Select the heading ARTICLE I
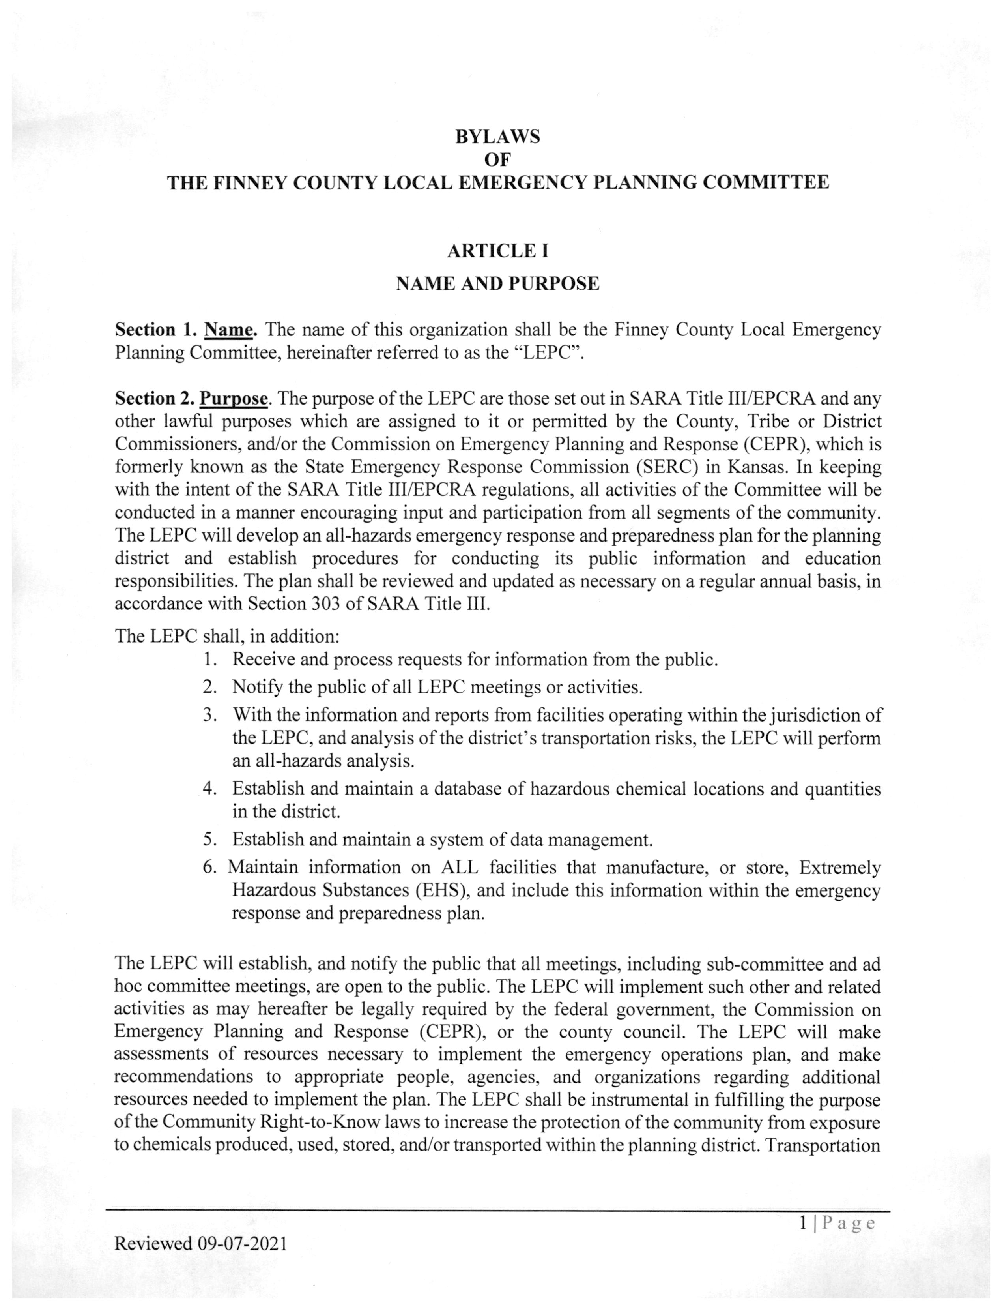[x=497, y=251]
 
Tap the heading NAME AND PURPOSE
[x=497, y=283]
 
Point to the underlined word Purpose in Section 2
[x=233, y=398]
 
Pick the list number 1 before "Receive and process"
[x=208, y=660]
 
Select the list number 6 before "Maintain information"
[x=208, y=867]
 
